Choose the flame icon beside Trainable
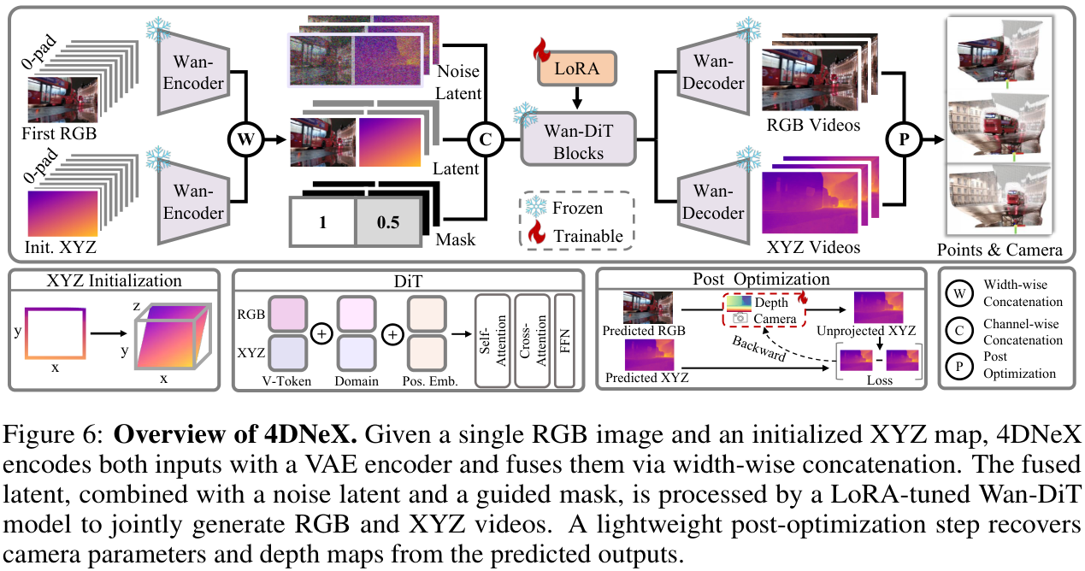pos(535,234)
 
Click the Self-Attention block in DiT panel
pos(492,340)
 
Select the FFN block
pos(565,340)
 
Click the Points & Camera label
pos(999,250)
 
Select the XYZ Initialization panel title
pos(115,280)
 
